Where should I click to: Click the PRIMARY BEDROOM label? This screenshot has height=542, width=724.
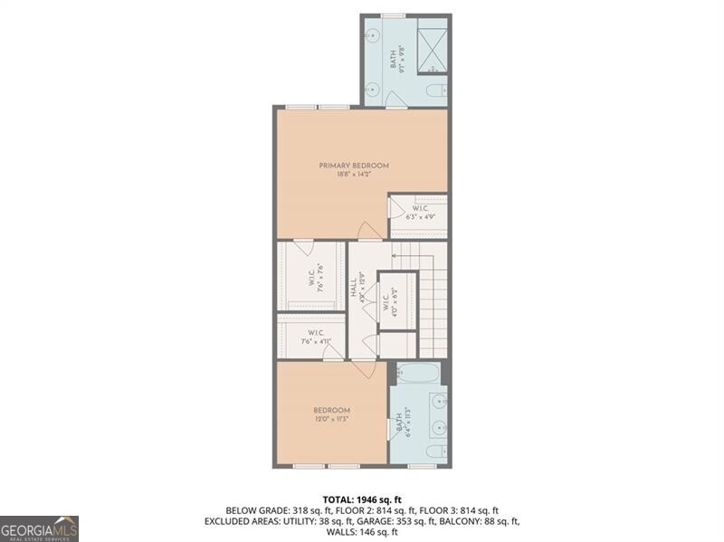click(353, 166)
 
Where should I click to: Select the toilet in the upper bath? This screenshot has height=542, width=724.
click(435, 90)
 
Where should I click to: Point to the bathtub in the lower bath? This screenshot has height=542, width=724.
click(417, 374)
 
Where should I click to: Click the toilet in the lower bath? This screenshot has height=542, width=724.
click(434, 452)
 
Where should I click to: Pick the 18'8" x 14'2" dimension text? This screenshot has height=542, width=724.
click(353, 176)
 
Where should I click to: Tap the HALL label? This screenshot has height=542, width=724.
click(353, 288)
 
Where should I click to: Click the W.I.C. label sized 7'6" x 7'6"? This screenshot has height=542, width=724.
click(310, 276)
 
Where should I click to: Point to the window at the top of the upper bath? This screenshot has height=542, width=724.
click(393, 15)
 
